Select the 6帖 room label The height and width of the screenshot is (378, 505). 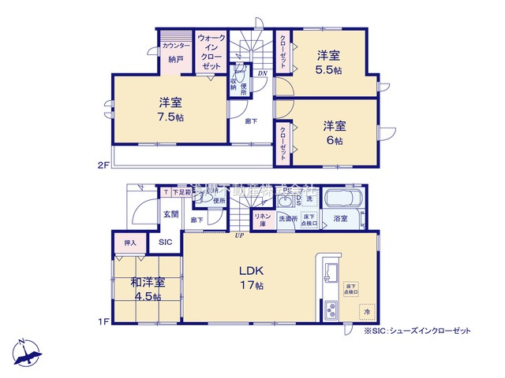pyautogui.click(x=332, y=132)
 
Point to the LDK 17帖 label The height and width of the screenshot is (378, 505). pyautogui.click(x=251, y=277)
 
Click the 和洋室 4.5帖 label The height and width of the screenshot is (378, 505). pyautogui.click(x=148, y=288)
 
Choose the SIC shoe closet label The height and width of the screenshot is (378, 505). pyautogui.click(x=165, y=243)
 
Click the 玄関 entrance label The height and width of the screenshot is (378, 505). pyautogui.click(x=170, y=213)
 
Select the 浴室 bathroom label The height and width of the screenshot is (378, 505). pyautogui.click(x=341, y=218)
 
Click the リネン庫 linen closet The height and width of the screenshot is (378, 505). pyautogui.click(x=262, y=219)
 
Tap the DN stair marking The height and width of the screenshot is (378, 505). pyautogui.click(x=262, y=75)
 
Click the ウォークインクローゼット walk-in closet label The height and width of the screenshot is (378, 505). pyautogui.click(x=211, y=53)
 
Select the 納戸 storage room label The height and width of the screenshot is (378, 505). pyautogui.click(x=176, y=58)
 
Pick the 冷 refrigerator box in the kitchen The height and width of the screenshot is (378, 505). pyautogui.click(x=366, y=311)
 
